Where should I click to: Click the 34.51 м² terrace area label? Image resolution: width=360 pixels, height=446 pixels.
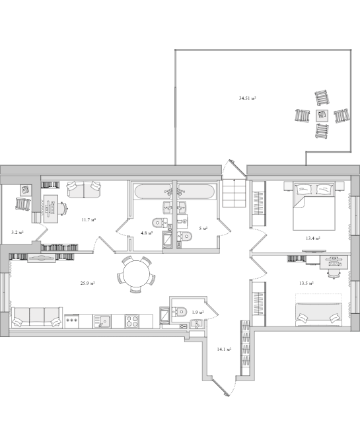248,98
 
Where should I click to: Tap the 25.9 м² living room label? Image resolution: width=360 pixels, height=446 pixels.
88,283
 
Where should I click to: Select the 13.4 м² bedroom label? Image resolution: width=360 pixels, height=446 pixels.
313,239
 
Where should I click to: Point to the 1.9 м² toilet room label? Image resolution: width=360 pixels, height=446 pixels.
198,313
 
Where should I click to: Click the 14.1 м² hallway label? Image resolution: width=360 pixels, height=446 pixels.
224,350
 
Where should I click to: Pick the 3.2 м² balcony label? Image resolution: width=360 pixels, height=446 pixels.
17,232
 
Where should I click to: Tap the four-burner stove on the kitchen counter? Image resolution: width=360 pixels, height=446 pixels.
132,321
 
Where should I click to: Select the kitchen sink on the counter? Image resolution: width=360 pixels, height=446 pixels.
102,321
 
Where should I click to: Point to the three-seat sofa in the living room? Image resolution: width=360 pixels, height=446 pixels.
37,317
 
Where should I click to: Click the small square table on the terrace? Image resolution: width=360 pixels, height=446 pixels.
322,115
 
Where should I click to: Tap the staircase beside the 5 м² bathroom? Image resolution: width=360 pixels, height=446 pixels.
234,193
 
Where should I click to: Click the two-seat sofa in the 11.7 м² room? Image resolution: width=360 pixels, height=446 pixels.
84,189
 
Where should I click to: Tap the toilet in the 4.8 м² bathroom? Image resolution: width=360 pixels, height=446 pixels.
159,223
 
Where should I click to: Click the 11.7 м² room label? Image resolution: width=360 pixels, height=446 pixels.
89,219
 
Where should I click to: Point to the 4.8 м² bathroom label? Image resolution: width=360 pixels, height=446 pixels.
147,233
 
